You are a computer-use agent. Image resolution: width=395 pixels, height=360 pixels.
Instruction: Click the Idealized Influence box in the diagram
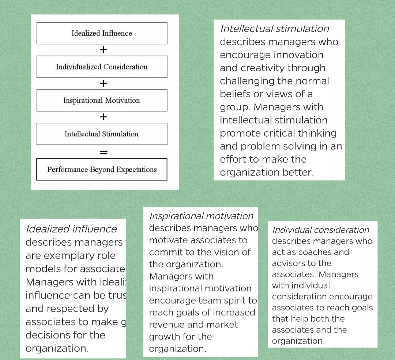pyautogui.click(x=102, y=33)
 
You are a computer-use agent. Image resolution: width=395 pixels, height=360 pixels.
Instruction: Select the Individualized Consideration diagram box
pyautogui.click(x=102, y=67)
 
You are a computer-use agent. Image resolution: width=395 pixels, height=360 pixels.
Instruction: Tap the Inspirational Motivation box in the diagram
pyautogui.click(x=102, y=101)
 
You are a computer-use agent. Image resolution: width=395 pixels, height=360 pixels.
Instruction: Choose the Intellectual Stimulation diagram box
pyautogui.click(x=102, y=134)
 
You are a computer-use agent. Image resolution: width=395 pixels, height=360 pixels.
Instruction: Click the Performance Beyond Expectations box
pyautogui.click(x=102, y=169)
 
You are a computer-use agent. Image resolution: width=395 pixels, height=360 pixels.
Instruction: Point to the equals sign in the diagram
pyautogui.click(x=104, y=152)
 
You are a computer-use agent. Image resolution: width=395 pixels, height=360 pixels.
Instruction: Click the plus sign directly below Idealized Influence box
pyautogui.click(x=104, y=50)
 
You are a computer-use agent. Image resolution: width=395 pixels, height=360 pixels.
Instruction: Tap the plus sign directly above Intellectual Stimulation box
pyautogui.click(x=104, y=117)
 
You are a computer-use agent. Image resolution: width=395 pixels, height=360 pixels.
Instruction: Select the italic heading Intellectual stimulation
pyautogui.click(x=274, y=29)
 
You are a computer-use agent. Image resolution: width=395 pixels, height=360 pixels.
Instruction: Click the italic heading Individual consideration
pyautogui.click(x=321, y=230)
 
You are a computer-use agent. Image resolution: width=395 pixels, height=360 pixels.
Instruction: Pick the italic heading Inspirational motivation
pyautogui.click(x=201, y=216)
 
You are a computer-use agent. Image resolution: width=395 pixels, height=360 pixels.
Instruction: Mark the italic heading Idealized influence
pyautogui.click(x=71, y=229)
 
